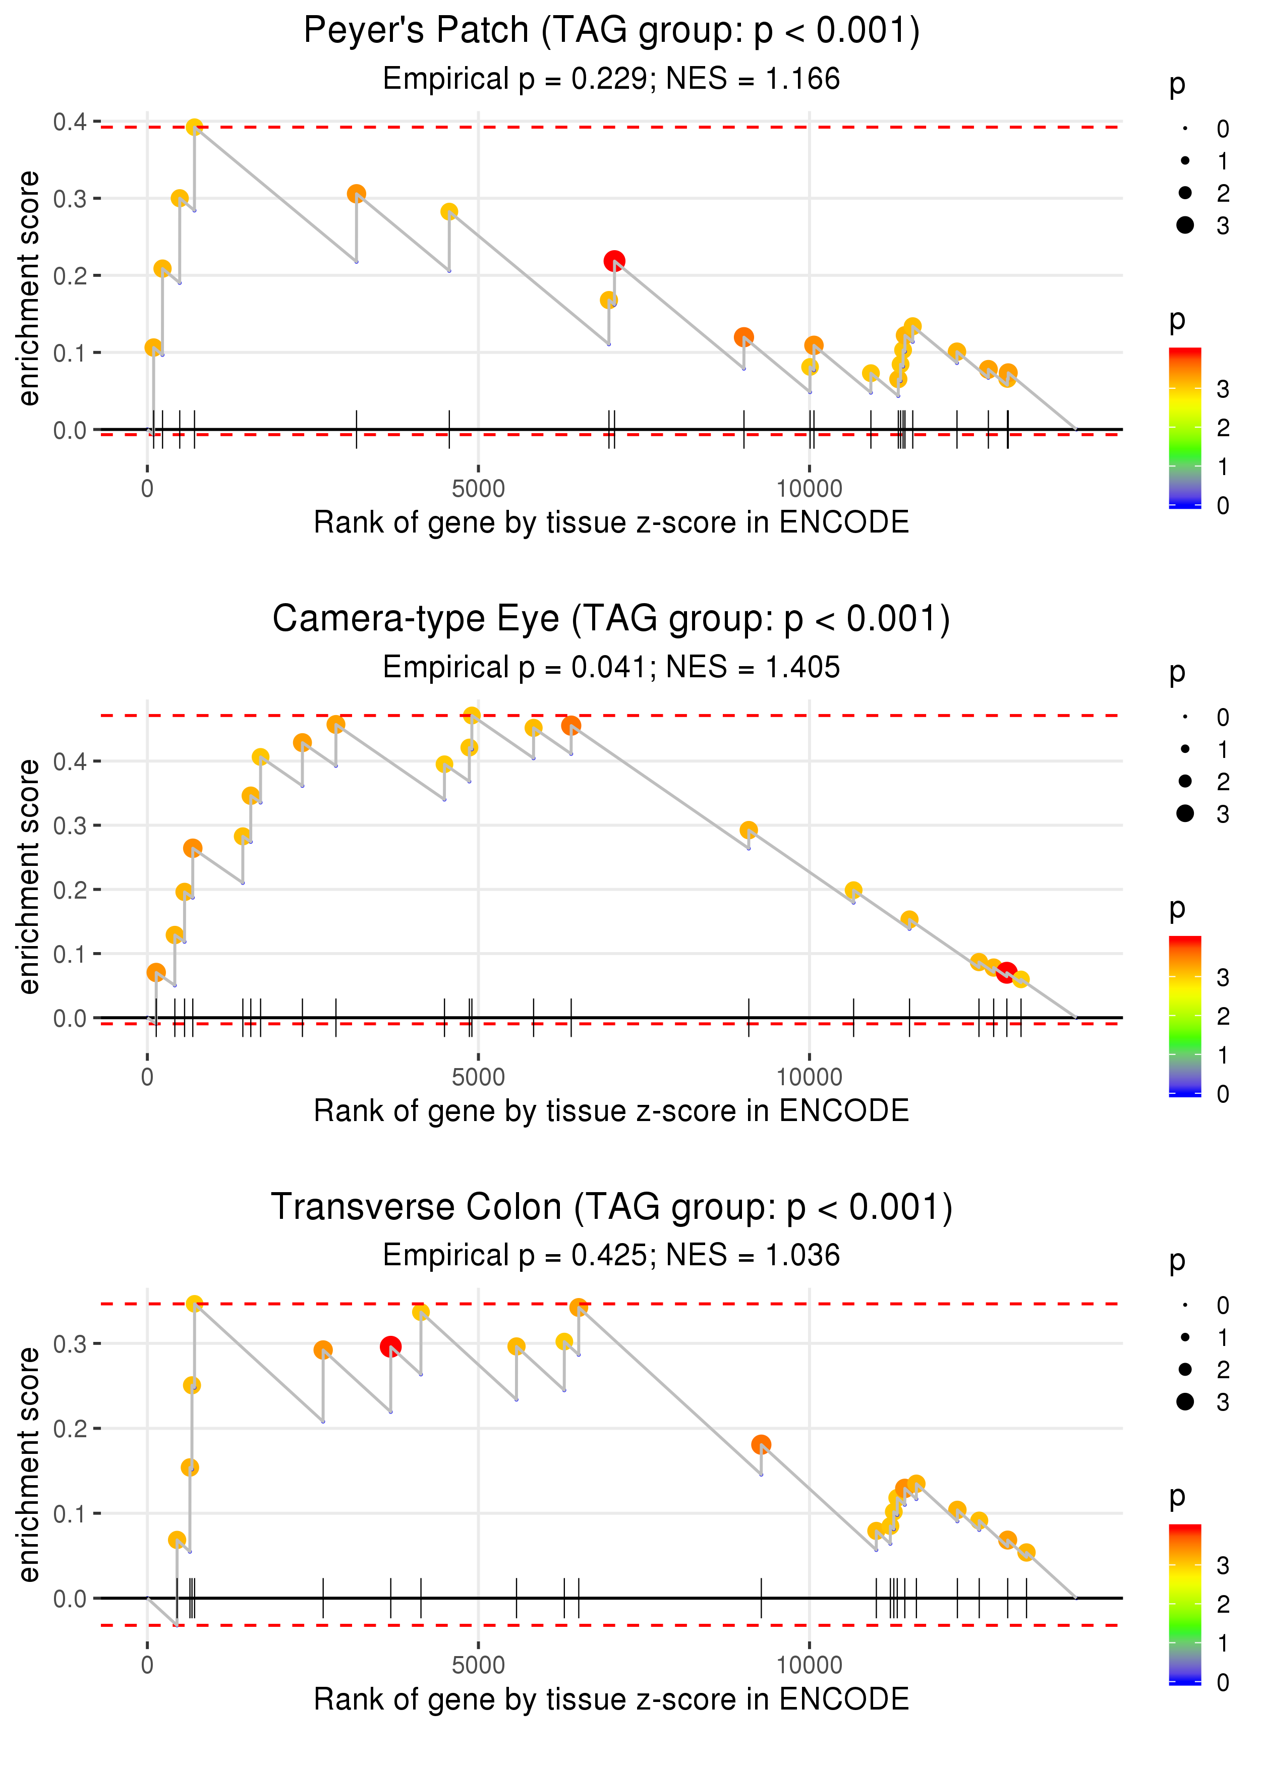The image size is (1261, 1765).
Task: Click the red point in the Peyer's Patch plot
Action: pyautogui.click(x=614, y=261)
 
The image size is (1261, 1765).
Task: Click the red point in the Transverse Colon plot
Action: pyautogui.click(x=390, y=1346)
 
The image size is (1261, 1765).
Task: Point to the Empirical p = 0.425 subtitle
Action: pyautogui.click(x=611, y=1255)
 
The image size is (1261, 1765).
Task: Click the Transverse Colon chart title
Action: pyautogui.click(x=611, y=1207)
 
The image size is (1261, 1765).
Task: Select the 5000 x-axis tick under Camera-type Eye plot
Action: pyautogui.click(x=478, y=1077)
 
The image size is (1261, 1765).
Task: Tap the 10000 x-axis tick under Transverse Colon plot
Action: pyautogui.click(x=809, y=1665)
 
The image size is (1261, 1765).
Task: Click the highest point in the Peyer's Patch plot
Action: pyautogui.click(x=194, y=127)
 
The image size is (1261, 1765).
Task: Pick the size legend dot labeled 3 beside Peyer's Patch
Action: pyautogui.click(x=1185, y=225)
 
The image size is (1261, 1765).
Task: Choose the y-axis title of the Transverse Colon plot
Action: pyautogui.click(x=29, y=1464)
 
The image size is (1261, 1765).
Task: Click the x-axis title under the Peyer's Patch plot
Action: pyautogui.click(x=611, y=523)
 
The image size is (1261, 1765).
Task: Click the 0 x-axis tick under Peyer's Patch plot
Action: pyautogui.click(x=147, y=489)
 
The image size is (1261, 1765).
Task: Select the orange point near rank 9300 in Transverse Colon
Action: pyautogui.click(x=761, y=1444)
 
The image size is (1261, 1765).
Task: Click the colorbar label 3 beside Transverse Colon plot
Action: pyautogui.click(x=1222, y=1565)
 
